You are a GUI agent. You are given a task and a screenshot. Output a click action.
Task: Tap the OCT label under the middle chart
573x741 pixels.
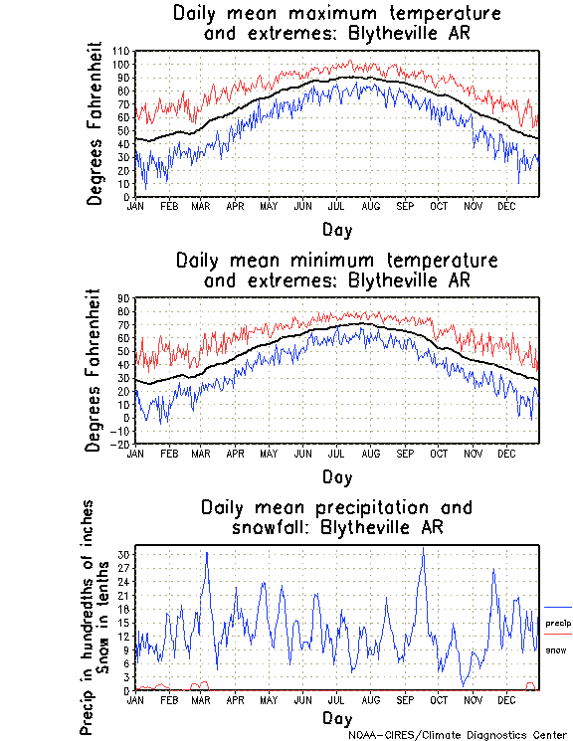pyautogui.click(x=439, y=453)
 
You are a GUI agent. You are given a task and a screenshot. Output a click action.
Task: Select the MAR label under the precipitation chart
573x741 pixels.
pyautogui.click(x=201, y=699)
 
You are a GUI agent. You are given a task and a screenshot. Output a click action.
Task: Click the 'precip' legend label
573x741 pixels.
pyautogui.click(x=557, y=623)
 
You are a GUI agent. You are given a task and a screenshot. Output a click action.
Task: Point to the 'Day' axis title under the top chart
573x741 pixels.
pyautogui.click(x=336, y=229)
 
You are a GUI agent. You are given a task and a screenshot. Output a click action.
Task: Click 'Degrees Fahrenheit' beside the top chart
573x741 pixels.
pyautogui.click(x=95, y=122)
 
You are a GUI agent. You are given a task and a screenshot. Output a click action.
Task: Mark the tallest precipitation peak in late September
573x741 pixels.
pyautogui.click(x=423, y=549)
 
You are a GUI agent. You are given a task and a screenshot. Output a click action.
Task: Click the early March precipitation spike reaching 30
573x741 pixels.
pyautogui.click(x=206, y=553)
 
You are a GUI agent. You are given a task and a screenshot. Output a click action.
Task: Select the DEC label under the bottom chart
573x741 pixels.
pyautogui.click(x=507, y=699)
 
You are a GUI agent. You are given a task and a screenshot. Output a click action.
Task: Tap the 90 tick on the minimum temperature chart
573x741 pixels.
pyautogui.click(x=123, y=297)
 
